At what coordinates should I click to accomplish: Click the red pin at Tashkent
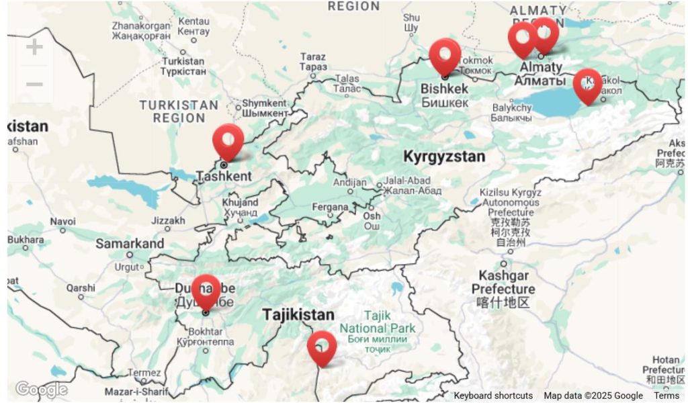(228, 140)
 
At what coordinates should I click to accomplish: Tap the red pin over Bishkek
(445, 55)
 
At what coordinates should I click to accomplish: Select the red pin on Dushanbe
(206, 291)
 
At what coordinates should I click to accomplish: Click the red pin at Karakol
(587, 85)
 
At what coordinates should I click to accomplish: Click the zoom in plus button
(34, 47)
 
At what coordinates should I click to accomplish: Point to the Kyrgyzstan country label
(443, 156)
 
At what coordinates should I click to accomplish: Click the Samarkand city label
(129, 244)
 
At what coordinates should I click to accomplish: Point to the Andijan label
(350, 183)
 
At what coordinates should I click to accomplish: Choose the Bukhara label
(26, 240)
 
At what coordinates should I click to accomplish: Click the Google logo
(41, 390)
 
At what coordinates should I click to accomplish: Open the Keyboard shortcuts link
(492, 396)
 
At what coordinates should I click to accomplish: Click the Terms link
(666, 396)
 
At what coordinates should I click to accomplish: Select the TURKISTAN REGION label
(178, 111)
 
